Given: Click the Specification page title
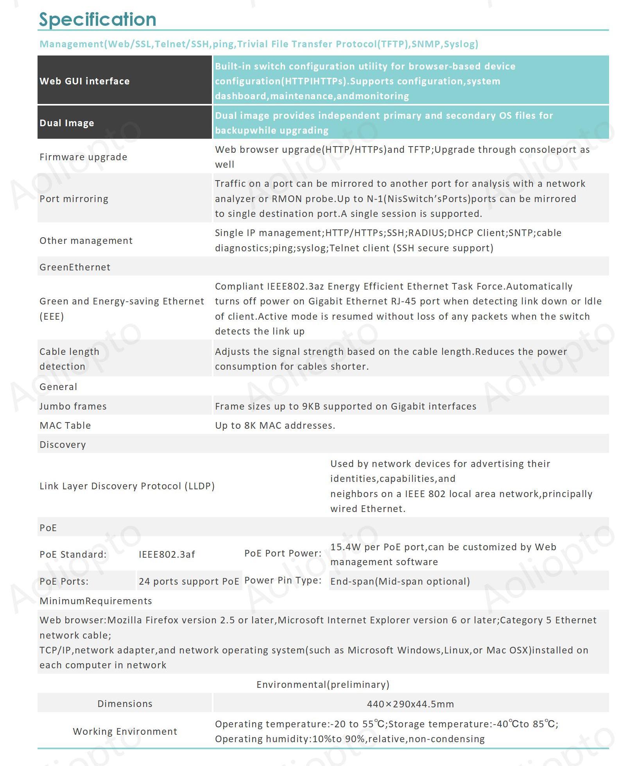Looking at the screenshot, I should coord(98,19).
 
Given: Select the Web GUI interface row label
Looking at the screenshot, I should coord(84,81).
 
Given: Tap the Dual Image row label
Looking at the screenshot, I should coord(67,123).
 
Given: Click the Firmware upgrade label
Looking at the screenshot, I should coord(83,157).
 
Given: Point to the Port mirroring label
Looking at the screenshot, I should coord(74,199).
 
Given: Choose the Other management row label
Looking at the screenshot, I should coord(86,240).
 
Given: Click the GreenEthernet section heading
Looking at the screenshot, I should coord(75,267).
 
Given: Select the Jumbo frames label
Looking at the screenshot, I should coord(73,406).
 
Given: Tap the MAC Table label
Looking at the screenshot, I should coord(65,425).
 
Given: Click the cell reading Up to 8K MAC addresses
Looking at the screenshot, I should coord(275,425).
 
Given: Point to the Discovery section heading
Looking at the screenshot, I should coord(63,444).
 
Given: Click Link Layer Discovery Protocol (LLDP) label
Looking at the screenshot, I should coord(127,486).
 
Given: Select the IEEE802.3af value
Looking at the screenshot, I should coord(167,554).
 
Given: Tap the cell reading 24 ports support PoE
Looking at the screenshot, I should coord(189,581).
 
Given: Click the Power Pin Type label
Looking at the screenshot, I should coord(283,580).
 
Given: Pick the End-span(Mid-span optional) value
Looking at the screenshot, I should coord(400,581).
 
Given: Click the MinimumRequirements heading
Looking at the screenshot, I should coord(96,601).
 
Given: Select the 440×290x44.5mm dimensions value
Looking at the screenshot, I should coord(410,704).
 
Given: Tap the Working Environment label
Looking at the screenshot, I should coord(125,731).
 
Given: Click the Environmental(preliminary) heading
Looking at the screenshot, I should coord(323,684).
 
